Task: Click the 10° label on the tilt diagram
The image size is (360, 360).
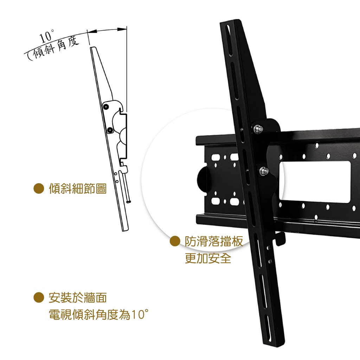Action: click(47, 37)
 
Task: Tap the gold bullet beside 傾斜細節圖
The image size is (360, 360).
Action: click(39, 188)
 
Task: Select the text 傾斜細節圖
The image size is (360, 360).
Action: click(78, 189)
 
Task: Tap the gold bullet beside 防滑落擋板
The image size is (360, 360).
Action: click(175, 241)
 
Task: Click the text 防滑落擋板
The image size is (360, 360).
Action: click(214, 242)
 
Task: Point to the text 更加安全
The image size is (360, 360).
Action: click(208, 258)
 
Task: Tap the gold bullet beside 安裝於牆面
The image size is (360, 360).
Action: click(39, 297)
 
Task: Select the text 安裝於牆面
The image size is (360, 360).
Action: click(78, 298)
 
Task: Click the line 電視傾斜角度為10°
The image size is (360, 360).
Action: click(99, 314)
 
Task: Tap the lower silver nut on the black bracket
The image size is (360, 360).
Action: click(264, 171)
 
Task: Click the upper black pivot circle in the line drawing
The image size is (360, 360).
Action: click(105, 107)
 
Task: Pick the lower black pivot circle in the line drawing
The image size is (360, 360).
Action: click(110, 130)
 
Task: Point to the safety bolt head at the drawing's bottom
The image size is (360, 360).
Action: click(129, 202)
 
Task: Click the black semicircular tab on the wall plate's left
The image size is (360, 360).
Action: click(201, 179)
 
